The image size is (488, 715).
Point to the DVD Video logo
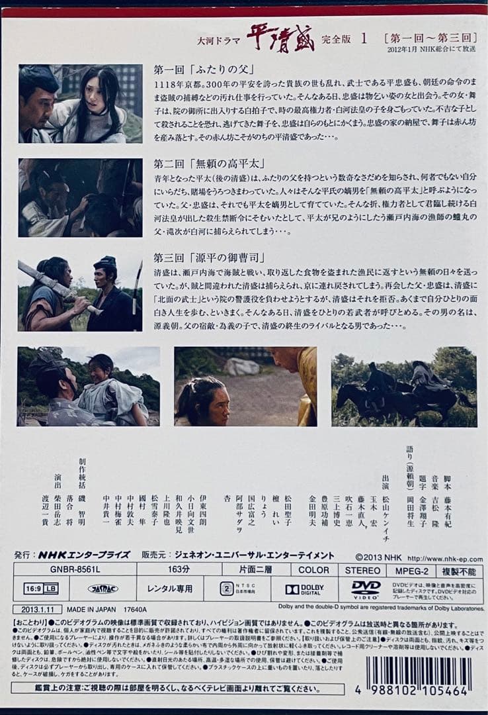(366, 589)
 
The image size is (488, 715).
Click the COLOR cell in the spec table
(313, 569)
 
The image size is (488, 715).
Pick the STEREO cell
(363, 569)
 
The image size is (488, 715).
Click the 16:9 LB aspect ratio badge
(41, 589)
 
